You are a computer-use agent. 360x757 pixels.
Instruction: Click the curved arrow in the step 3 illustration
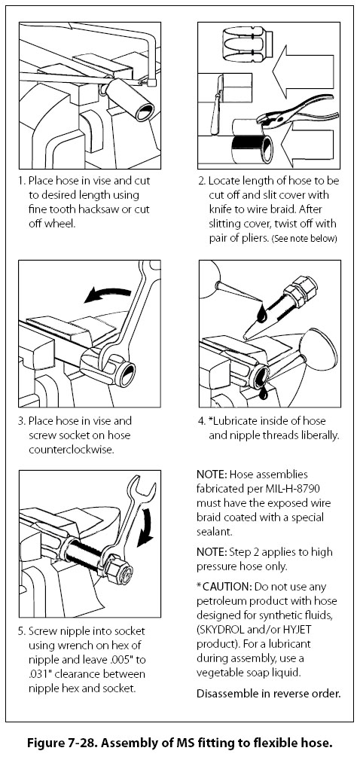click(107, 293)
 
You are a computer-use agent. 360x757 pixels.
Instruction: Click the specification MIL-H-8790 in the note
click(280, 489)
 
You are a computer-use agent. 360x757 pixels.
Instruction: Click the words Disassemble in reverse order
click(268, 693)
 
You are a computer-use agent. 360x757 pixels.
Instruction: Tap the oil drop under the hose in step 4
click(263, 393)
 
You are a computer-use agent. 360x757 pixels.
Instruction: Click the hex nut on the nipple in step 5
click(119, 569)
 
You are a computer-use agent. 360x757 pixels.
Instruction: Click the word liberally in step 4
click(318, 435)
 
